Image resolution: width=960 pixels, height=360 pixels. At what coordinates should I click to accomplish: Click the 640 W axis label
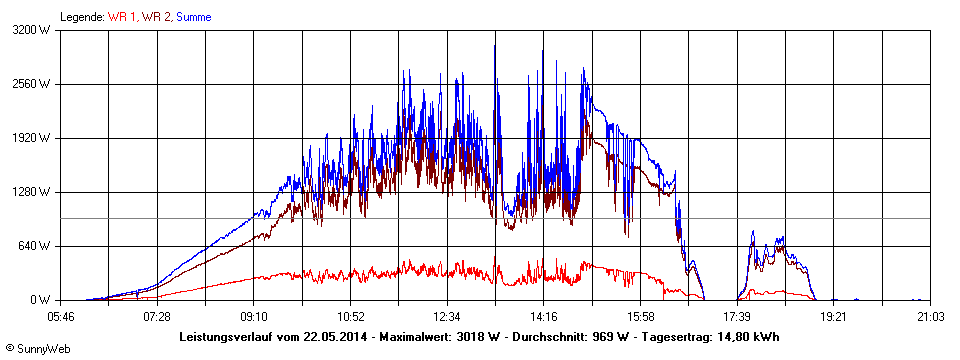[37, 246]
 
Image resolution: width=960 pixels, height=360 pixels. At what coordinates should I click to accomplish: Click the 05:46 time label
[61, 316]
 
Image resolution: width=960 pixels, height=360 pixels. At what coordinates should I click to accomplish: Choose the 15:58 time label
[640, 316]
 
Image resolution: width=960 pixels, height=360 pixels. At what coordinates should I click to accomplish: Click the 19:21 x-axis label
[833, 316]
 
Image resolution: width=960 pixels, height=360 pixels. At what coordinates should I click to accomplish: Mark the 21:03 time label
[930, 316]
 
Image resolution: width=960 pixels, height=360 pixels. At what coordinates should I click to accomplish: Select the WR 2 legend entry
[158, 17]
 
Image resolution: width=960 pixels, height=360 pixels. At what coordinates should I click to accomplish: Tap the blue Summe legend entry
[194, 17]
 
